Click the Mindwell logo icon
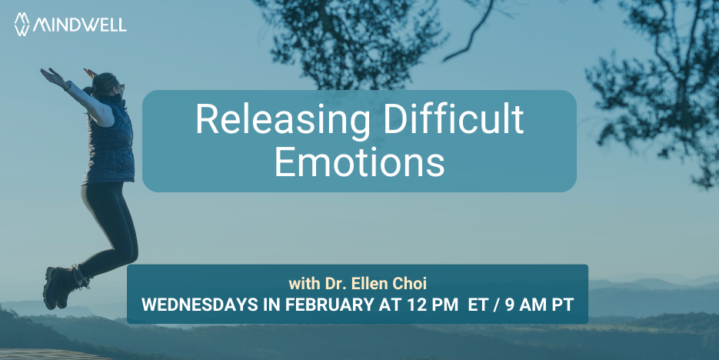coord(22,24)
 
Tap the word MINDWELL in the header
coord(79,25)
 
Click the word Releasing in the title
coord(283,120)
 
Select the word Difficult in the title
coord(453,118)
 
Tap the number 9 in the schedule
coord(510,305)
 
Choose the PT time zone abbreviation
coord(563,305)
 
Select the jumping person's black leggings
coord(108,225)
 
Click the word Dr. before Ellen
coord(336,284)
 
